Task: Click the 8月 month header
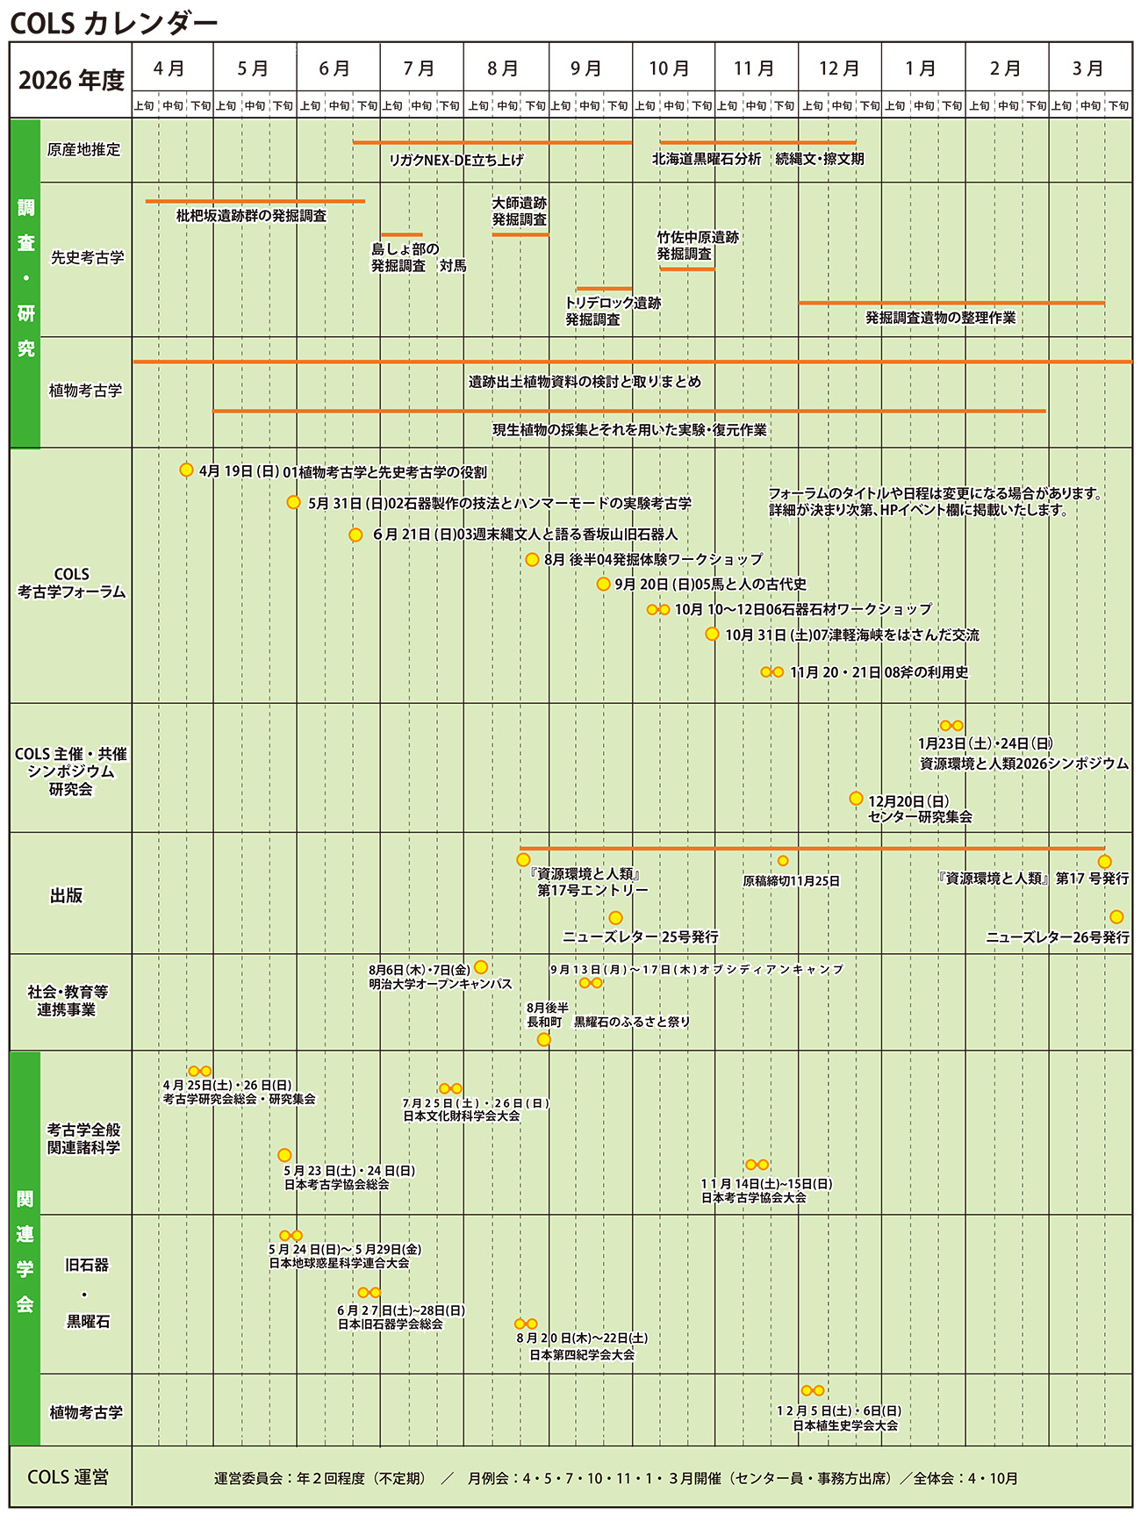(x=503, y=68)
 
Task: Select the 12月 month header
(x=839, y=68)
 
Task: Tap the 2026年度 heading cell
(x=71, y=81)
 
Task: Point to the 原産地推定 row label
(x=84, y=150)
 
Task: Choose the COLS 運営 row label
(x=68, y=1477)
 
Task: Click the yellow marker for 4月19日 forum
(x=186, y=470)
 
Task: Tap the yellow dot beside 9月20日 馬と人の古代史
(x=603, y=584)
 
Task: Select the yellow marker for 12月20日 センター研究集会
(x=856, y=799)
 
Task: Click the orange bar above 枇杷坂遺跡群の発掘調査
(x=255, y=201)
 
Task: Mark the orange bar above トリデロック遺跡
(x=604, y=288)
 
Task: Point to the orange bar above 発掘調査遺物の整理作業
(x=951, y=303)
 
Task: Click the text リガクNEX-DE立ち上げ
(x=456, y=160)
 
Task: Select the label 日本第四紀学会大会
(x=582, y=1354)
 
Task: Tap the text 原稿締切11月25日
(x=791, y=880)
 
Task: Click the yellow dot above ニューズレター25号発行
(x=615, y=918)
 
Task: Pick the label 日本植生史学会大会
(x=846, y=1425)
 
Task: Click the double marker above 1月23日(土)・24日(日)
(x=951, y=726)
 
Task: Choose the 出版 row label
(x=67, y=895)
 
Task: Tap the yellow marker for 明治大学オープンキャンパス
(x=481, y=967)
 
